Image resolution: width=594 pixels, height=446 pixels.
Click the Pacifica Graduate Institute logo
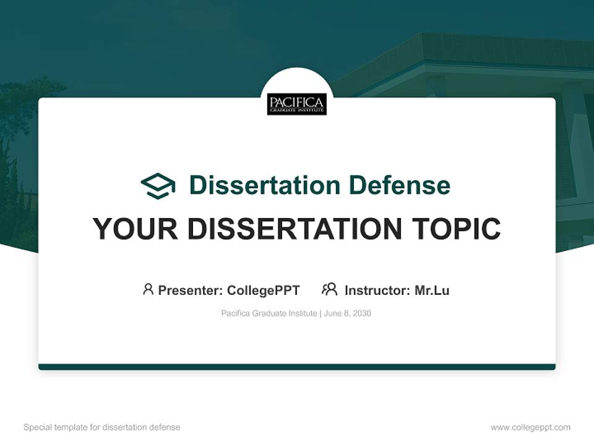tap(297, 104)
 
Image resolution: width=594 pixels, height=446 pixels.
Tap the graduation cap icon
tap(158, 185)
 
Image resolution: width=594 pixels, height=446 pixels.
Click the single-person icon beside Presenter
tap(148, 289)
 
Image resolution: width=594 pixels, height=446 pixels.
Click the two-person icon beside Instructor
tap(329, 289)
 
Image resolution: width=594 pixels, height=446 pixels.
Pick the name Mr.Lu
tap(432, 290)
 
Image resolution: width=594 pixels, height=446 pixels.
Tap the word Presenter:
tap(191, 290)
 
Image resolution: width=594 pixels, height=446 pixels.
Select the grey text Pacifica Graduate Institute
tap(269, 313)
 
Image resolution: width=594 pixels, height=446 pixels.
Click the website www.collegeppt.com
tap(530, 427)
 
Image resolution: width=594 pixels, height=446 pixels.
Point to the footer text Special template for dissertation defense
tap(102, 427)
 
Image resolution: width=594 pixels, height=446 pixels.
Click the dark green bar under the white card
tap(297, 367)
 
